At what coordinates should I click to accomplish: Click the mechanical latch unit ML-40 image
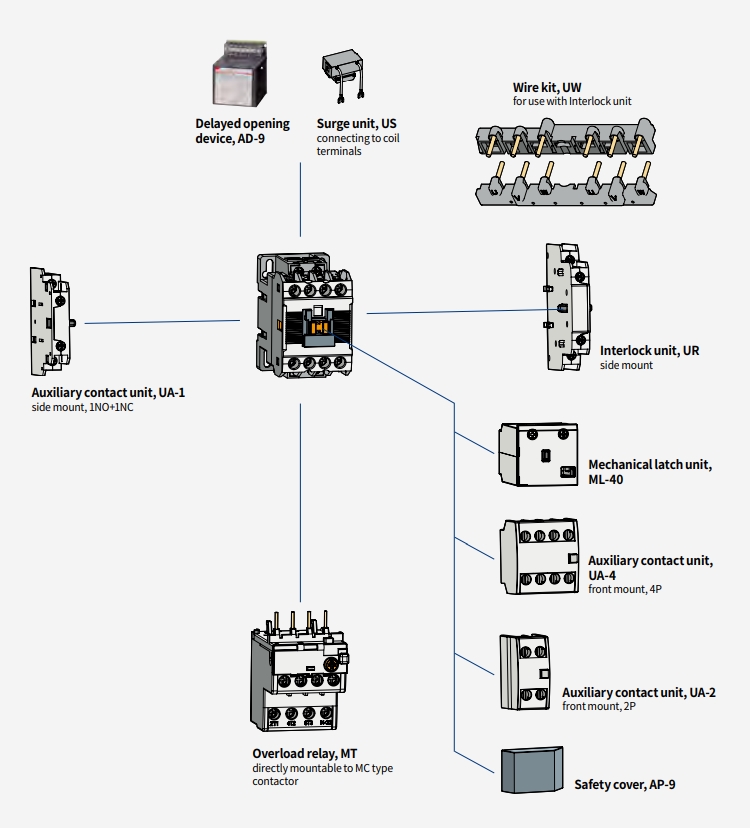(538, 455)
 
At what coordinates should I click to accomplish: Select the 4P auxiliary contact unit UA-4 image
(539, 558)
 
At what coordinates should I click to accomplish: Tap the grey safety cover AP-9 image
(531, 769)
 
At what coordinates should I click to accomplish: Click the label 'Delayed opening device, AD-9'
(242, 131)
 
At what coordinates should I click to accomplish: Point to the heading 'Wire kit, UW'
(547, 88)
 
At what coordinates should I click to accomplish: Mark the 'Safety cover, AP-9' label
(624, 785)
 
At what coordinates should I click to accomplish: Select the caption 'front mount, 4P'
(625, 590)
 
